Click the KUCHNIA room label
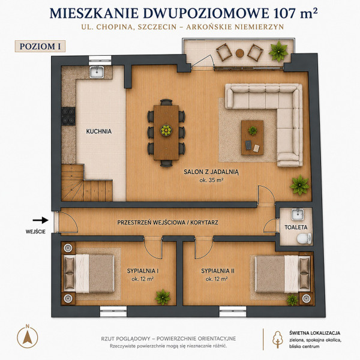(99, 131)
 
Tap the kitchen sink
(97, 71)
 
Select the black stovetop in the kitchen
(68, 116)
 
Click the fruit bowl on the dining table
(166, 131)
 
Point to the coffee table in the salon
(253, 137)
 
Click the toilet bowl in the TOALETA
(304, 238)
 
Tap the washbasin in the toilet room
(298, 214)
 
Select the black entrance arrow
(40, 220)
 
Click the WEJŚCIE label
(35, 232)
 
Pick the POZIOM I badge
(40, 46)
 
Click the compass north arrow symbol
(28, 337)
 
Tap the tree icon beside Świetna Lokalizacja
(278, 340)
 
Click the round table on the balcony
(239, 53)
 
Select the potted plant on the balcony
(278, 51)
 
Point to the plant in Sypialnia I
(163, 297)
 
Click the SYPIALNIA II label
(218, 271)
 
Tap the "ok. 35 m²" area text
(211, 180)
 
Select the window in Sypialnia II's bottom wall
(233, 311)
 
